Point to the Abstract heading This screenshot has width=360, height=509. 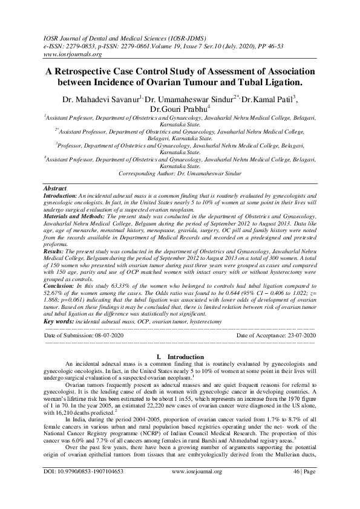point(56,189)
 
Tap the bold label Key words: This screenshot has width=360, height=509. point(59,308)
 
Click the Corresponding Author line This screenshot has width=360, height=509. point(180,173)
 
